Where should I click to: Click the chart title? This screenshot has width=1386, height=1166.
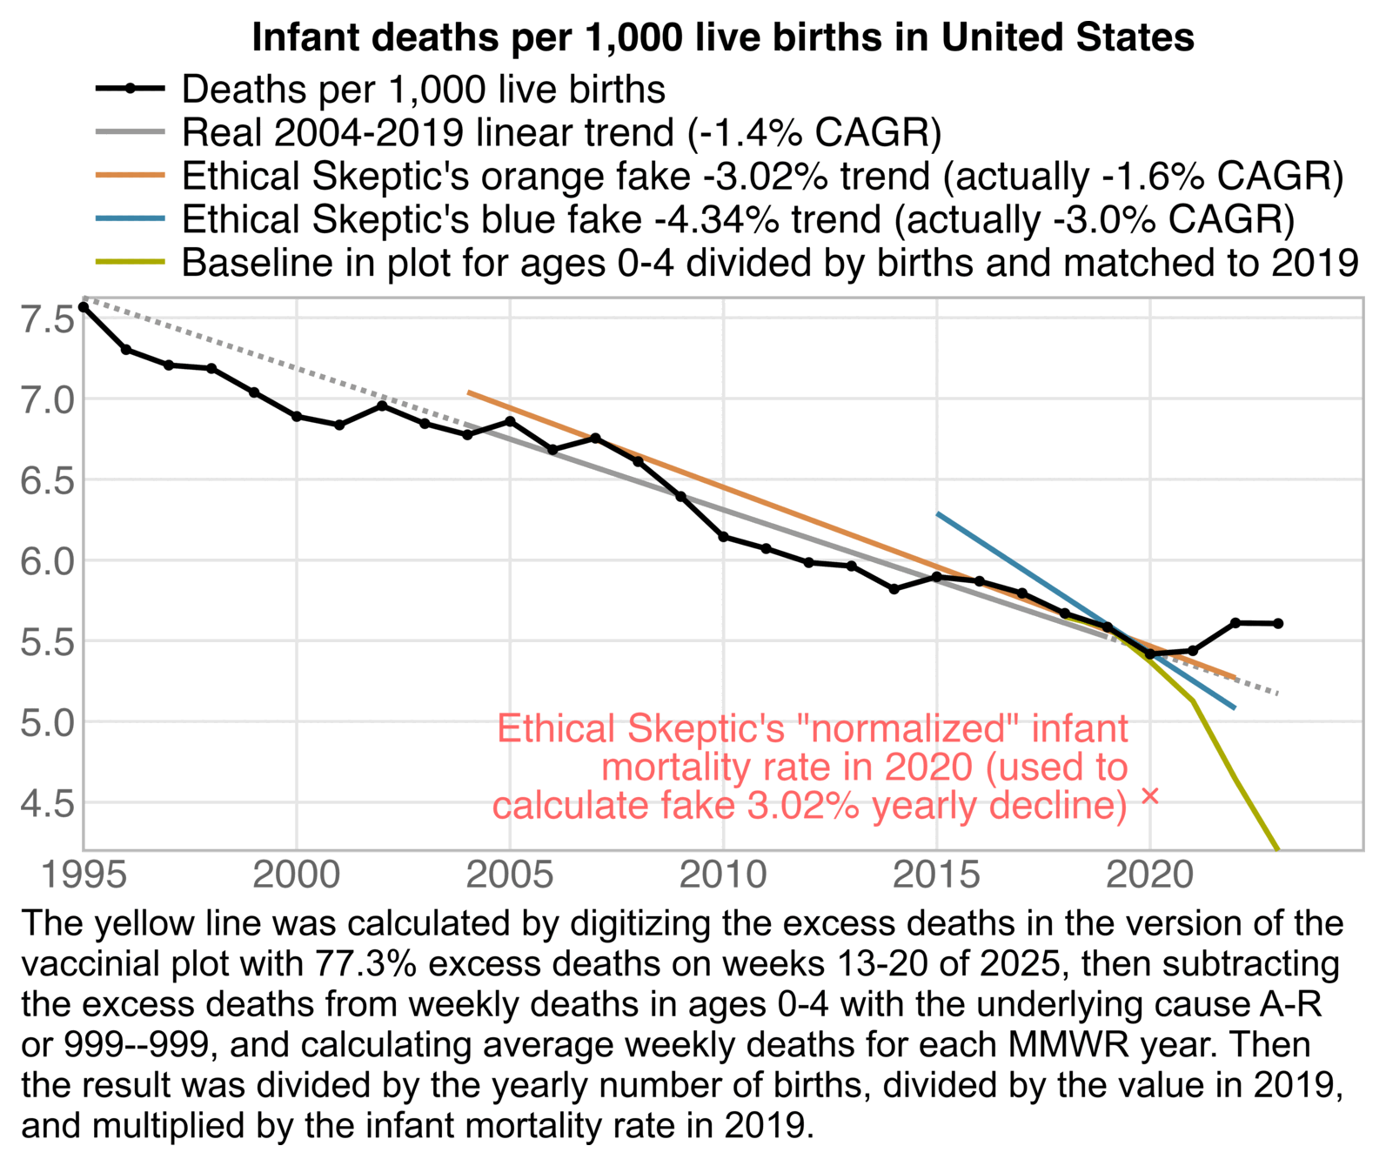(722, 38)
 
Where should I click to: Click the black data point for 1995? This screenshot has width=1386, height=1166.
(84, 307)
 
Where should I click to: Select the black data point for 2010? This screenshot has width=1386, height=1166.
(723, 537)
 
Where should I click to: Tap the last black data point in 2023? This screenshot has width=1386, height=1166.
(1278, 624)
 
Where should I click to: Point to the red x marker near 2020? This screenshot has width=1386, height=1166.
(1150, 795)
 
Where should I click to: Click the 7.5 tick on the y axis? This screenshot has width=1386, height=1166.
(47, 320)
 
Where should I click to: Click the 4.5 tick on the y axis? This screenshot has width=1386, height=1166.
(47, 803)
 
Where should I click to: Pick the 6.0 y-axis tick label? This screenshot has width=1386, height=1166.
(47, 561)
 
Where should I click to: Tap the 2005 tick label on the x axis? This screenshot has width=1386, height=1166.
(510, 874)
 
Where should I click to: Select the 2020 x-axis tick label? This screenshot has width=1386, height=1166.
(1149, 874)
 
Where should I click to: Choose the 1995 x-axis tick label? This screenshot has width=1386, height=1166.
(84, 874)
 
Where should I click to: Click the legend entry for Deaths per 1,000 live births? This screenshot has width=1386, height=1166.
(424, 90)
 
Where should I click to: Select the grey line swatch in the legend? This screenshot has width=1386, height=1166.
(130, 133)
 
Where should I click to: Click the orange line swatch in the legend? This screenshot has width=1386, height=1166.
(130, 177)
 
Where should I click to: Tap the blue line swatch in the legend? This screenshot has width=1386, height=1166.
(130, 219)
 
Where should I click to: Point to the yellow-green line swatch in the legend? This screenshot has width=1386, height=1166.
(130, 263)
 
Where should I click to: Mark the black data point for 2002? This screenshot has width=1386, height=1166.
(382, 405)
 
